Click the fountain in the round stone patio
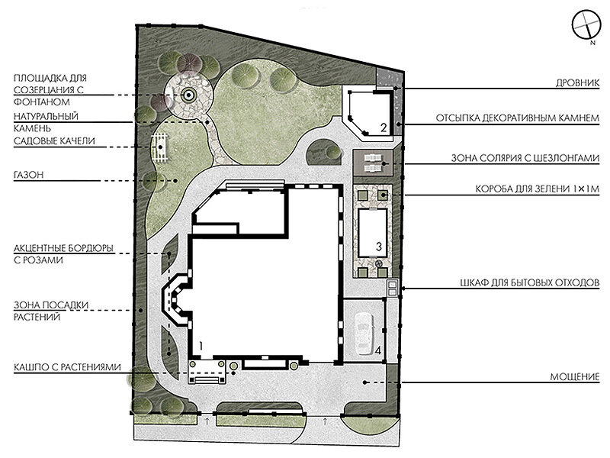point(188,95)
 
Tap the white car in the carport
point(364,334)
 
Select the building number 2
point(384,127)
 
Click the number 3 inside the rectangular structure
point(378,246)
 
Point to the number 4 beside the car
point(377,350)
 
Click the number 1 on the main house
point(201,346)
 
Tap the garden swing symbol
point(160,147)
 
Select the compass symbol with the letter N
point(587,26)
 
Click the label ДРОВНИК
point(577,83)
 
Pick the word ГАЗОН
point(28,175)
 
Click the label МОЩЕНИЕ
point(575,376)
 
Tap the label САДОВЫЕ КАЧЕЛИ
point(54,141)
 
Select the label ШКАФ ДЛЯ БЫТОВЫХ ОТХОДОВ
point(529,282)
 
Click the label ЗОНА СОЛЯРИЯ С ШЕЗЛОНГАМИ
point(525,158)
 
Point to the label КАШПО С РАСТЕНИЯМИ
point(67,367)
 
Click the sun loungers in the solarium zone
point(374,163)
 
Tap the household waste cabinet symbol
point(392,289)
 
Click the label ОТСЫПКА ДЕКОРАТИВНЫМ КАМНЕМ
point(518,118)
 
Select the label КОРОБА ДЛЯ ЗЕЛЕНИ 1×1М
point(538,189)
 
